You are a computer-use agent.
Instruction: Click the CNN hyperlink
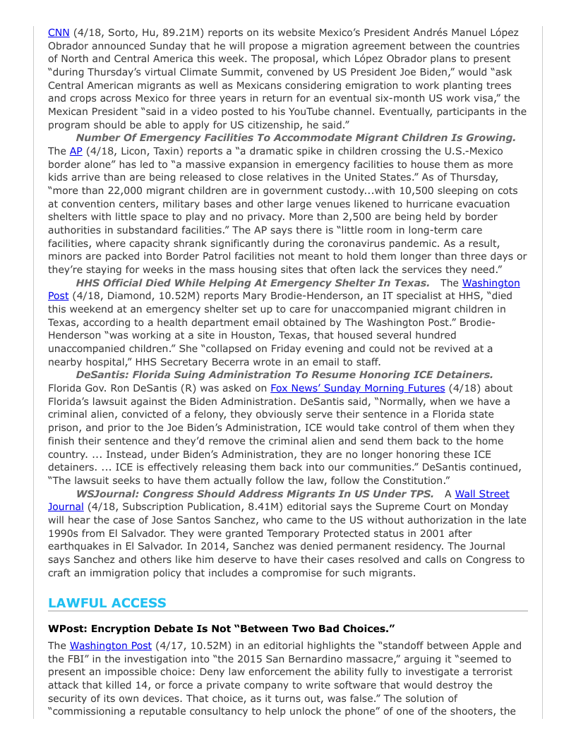(58, 32)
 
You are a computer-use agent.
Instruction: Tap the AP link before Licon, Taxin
(76, 151)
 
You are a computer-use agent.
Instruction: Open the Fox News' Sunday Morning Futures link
(357, 388)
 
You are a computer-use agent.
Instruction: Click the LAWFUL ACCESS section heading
(107, 603)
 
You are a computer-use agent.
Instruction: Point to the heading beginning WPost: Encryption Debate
(221, 628)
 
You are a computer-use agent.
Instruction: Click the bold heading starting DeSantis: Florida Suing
(284, 375)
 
